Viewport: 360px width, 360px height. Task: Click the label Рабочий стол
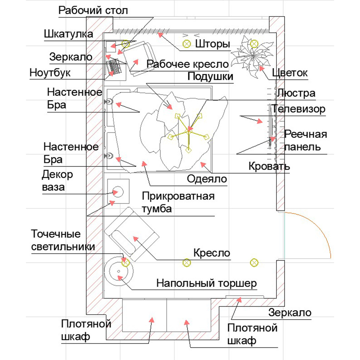pyautogui.click(x=93, y=10)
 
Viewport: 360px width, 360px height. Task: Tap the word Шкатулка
pyautogui.click(x=68, y=34)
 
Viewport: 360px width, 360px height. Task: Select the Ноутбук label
pyautogui.click(x=50, y=73)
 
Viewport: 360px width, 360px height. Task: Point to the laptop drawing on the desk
pyautogui.click(x=113, y=67)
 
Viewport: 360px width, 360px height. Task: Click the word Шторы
pyautogui.click(x=212, y=44)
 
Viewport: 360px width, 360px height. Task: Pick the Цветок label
pyautogui.click(x=290, y=73)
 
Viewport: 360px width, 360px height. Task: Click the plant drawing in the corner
pyautogui.click(x=252, y=56)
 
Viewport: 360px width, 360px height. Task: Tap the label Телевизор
pyautogui.click(x=298, y=109)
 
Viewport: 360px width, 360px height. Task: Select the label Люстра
pyautogui.click(x=296, y=94)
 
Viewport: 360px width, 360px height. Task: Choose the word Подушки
pyautogui.click(x=210, y=76)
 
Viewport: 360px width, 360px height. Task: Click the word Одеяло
pyautogui.click(x=207, y=179)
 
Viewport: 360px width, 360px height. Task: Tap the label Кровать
pyautogui.click(x=269, y=166)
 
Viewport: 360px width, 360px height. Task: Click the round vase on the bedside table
pyautogui.click(x=118, y=192)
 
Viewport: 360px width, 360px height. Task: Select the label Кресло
pyautogui.click(x=212, y=253)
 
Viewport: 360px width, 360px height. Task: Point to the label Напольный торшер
pyautogui.click(x=206, y=283)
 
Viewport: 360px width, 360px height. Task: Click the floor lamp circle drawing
pyautogui.click(x=118, y=271)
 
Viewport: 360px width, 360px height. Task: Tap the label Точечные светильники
pyautogui.click(x=63, y=240)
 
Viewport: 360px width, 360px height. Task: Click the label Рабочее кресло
pyautogui.click(x=188, y=64)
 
